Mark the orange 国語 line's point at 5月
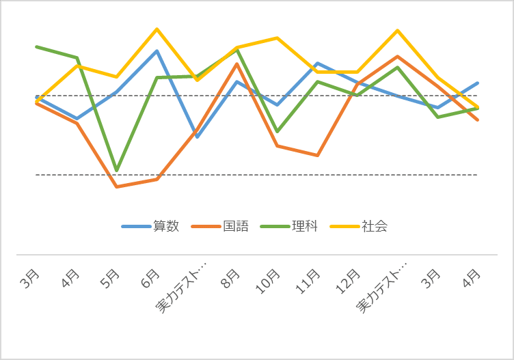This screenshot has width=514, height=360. click(x=117, y=186)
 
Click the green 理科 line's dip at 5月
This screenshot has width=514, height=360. click(x=117, y=169)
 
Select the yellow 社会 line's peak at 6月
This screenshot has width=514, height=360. click(x=157, y=29)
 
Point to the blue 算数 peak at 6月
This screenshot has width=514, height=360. click(x=157, y=51)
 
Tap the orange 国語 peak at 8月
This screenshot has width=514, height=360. click(x=237, y=64)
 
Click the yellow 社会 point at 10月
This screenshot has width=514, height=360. click(x=278, y=38)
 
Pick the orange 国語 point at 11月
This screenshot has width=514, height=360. click(x=317, y=156)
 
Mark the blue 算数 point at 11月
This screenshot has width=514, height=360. click(x=317, y=64)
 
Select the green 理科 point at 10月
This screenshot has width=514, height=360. click(x=278, y=130)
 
